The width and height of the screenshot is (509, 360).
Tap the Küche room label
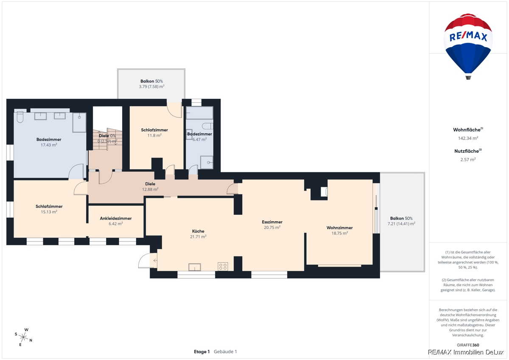coord(198,231)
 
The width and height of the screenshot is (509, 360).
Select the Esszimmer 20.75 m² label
coord(272,225)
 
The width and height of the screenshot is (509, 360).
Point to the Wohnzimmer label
coord(339,228)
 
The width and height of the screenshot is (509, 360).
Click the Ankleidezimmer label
coord(116,218)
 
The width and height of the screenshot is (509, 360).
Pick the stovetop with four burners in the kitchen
coord(223,267)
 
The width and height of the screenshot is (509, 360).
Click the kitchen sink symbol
coord(195,267)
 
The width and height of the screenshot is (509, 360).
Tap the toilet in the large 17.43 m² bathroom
coord(20,117)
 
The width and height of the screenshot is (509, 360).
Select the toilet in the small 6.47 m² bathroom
coord(207,126)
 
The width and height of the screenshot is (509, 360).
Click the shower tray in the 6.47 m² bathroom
coord(207,162)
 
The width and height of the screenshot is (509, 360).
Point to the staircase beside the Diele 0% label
coord(107,139)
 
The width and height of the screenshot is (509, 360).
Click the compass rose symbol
coord(23,337)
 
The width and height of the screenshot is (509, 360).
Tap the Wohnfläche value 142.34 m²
coord(468,138)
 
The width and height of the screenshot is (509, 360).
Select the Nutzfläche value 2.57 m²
coord(468,160)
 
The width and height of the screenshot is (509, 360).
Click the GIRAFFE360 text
coord(468,345)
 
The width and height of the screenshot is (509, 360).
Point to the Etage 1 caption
coord(202,352)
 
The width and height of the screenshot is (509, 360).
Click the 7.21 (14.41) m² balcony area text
coord(401,224)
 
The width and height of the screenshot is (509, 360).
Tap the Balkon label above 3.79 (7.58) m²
coord(147,81)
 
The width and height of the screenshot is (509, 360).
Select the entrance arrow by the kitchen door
coord(155,260)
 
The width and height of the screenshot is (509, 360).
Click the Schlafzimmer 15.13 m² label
coord(49,209)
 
